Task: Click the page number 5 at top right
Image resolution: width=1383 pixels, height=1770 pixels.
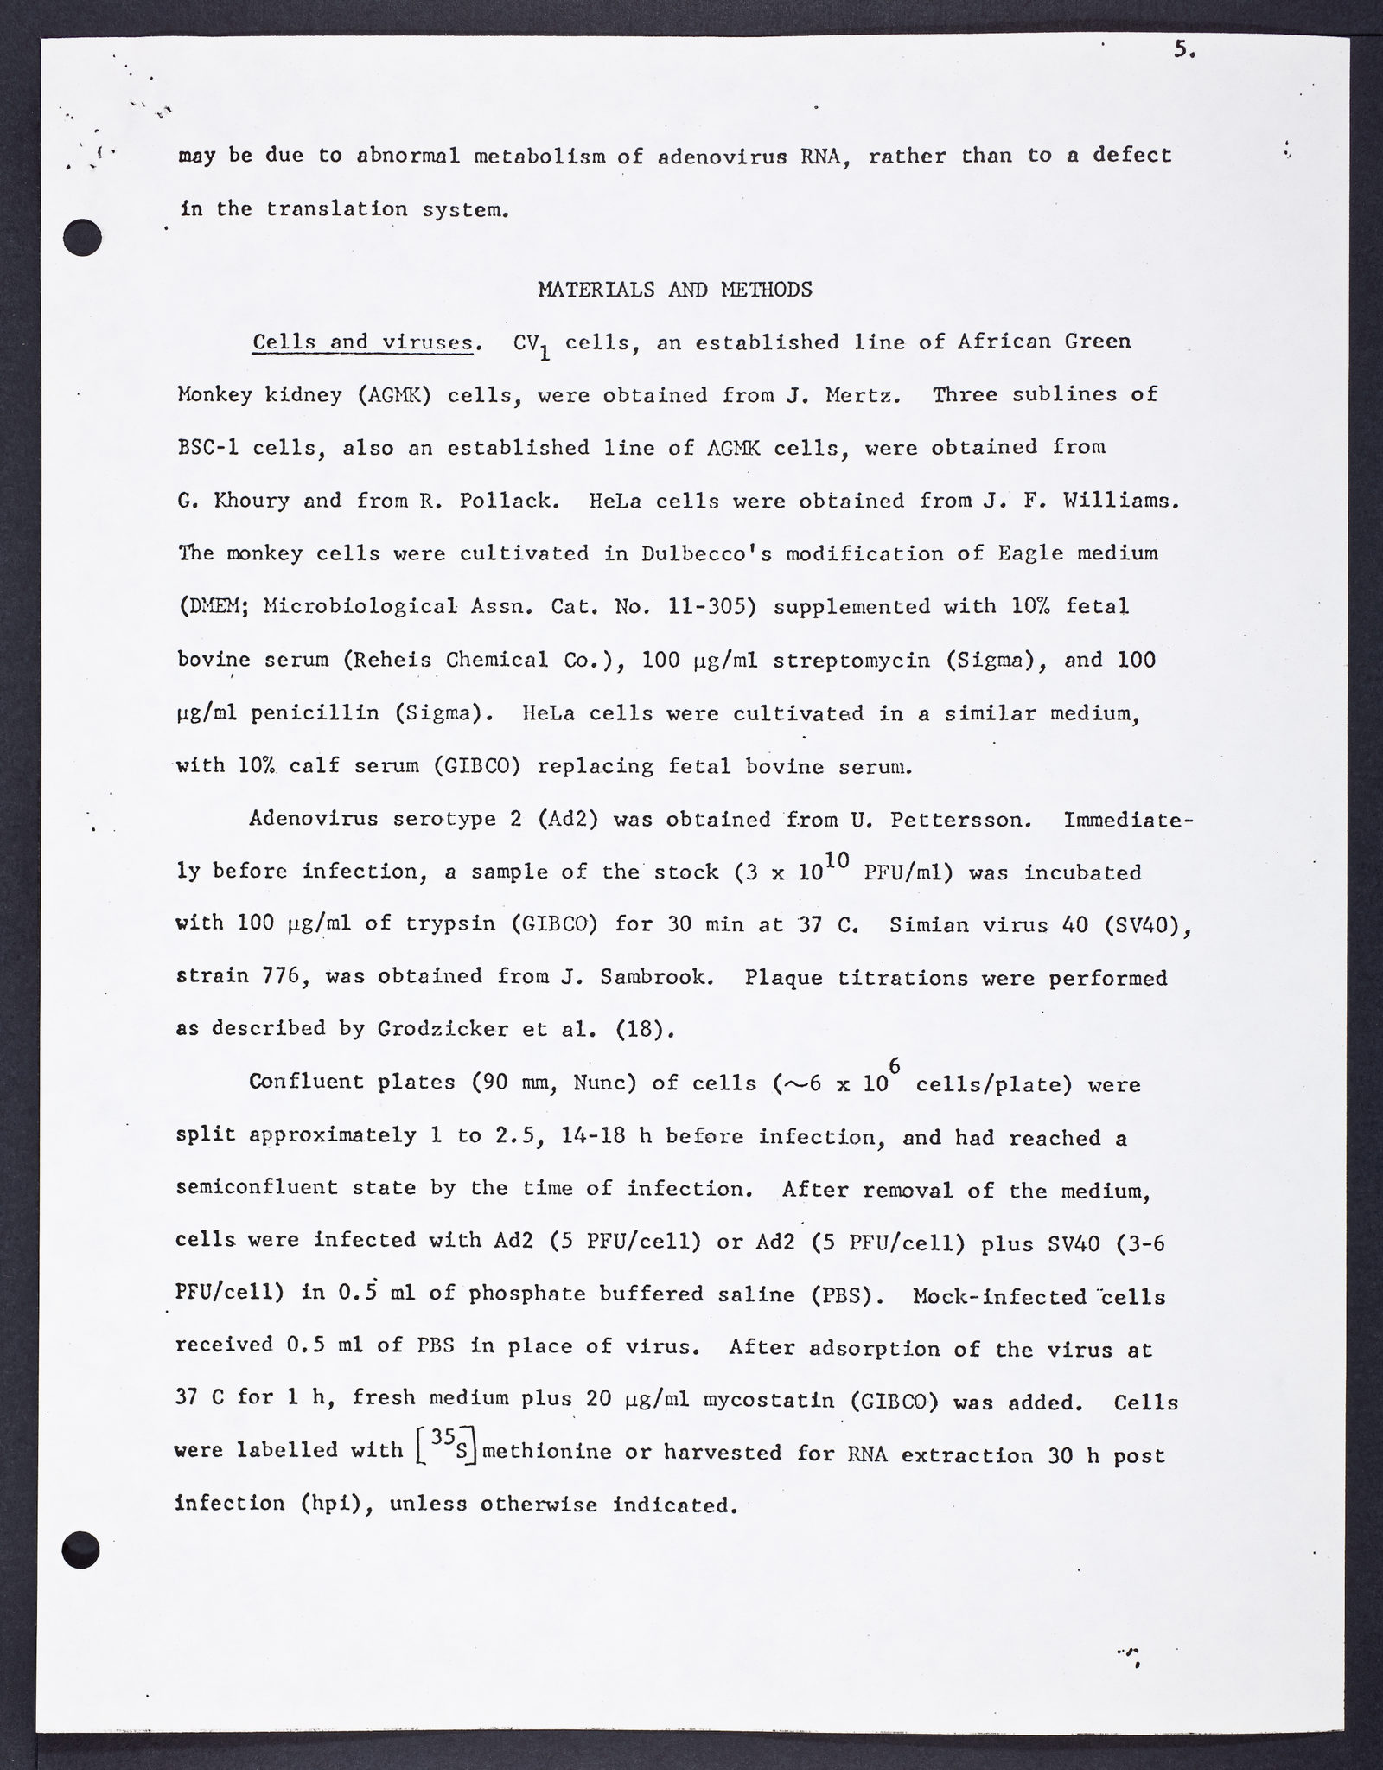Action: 1183,50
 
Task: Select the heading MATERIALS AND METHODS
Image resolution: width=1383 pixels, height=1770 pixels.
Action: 675,290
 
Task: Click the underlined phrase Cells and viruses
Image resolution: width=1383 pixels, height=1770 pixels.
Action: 363,342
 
